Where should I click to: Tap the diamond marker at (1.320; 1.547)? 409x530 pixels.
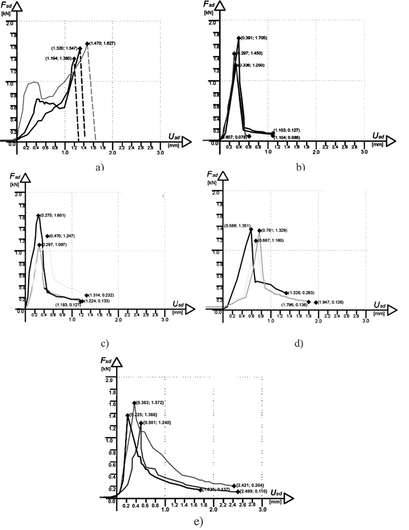[80, 48]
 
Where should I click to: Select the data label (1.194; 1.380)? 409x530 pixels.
[59, 58]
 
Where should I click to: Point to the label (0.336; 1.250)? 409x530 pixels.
[252, 65]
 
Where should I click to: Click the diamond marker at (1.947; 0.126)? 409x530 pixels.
[316, 302]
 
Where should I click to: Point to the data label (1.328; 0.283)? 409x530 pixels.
[301, 293]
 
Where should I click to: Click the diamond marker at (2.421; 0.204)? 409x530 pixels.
[234, 485]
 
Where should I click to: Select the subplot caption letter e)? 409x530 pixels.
[198, 522]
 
